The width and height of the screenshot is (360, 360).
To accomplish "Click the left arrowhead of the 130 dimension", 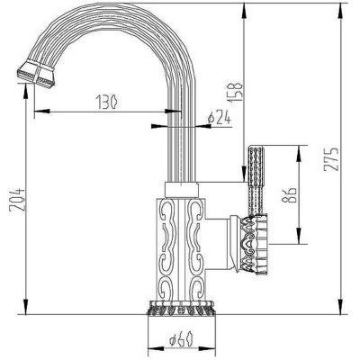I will coord(37,112).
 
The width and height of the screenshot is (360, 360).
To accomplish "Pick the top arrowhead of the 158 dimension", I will coord(245,12).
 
